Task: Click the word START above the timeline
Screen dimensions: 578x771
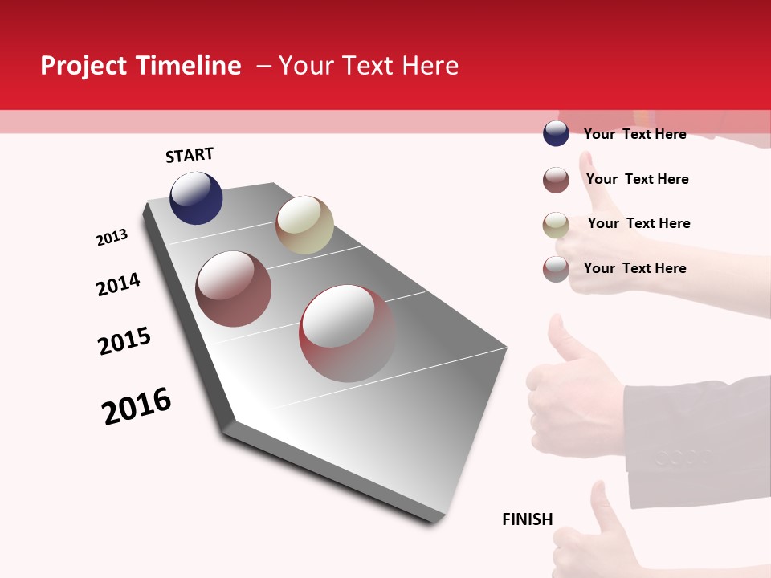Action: pos(190,155)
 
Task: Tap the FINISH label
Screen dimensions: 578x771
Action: pos(527,519)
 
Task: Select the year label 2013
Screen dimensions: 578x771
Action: pos(112,238)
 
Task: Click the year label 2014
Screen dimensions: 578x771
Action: pos(118,284)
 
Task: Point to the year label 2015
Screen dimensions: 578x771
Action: pos(124,341)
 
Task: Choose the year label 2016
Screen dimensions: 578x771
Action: pos(137,406)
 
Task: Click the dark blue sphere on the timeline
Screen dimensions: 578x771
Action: pos(196,198)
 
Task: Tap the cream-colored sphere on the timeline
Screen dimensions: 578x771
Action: pos(304,224)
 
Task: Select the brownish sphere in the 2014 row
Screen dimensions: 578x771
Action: pos(233,289)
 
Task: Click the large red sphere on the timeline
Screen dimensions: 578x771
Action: pos(347,333)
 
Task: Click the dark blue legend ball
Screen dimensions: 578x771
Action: pos(556,133)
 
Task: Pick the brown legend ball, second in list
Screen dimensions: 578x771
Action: pos(556,180)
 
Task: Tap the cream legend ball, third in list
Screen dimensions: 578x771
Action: pos(556,225)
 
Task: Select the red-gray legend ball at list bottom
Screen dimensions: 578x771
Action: pos(556,269)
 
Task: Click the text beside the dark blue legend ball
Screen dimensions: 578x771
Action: pos(634,134)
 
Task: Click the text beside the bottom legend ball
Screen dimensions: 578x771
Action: pos(634,268)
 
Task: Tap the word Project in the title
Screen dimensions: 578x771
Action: pos(84,66)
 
